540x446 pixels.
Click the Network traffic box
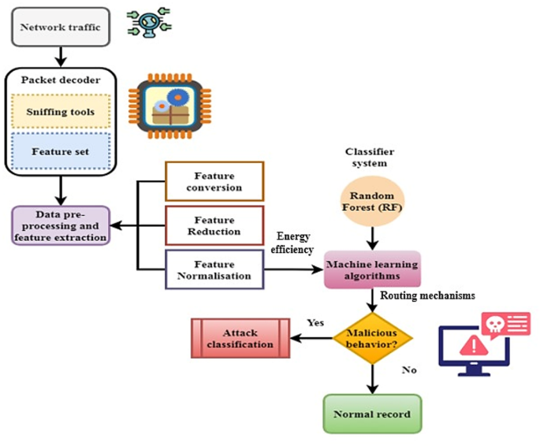[x=60, y=27]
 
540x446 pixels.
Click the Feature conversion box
[x=214, y=181]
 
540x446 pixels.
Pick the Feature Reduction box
[x=214, y=225]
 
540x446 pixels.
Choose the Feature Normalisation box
[x=214, y=269]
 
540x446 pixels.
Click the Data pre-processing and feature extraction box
[x=60, y=225]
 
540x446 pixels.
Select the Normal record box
[x=371, y=413]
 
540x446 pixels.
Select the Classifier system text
[x=370, y=157]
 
